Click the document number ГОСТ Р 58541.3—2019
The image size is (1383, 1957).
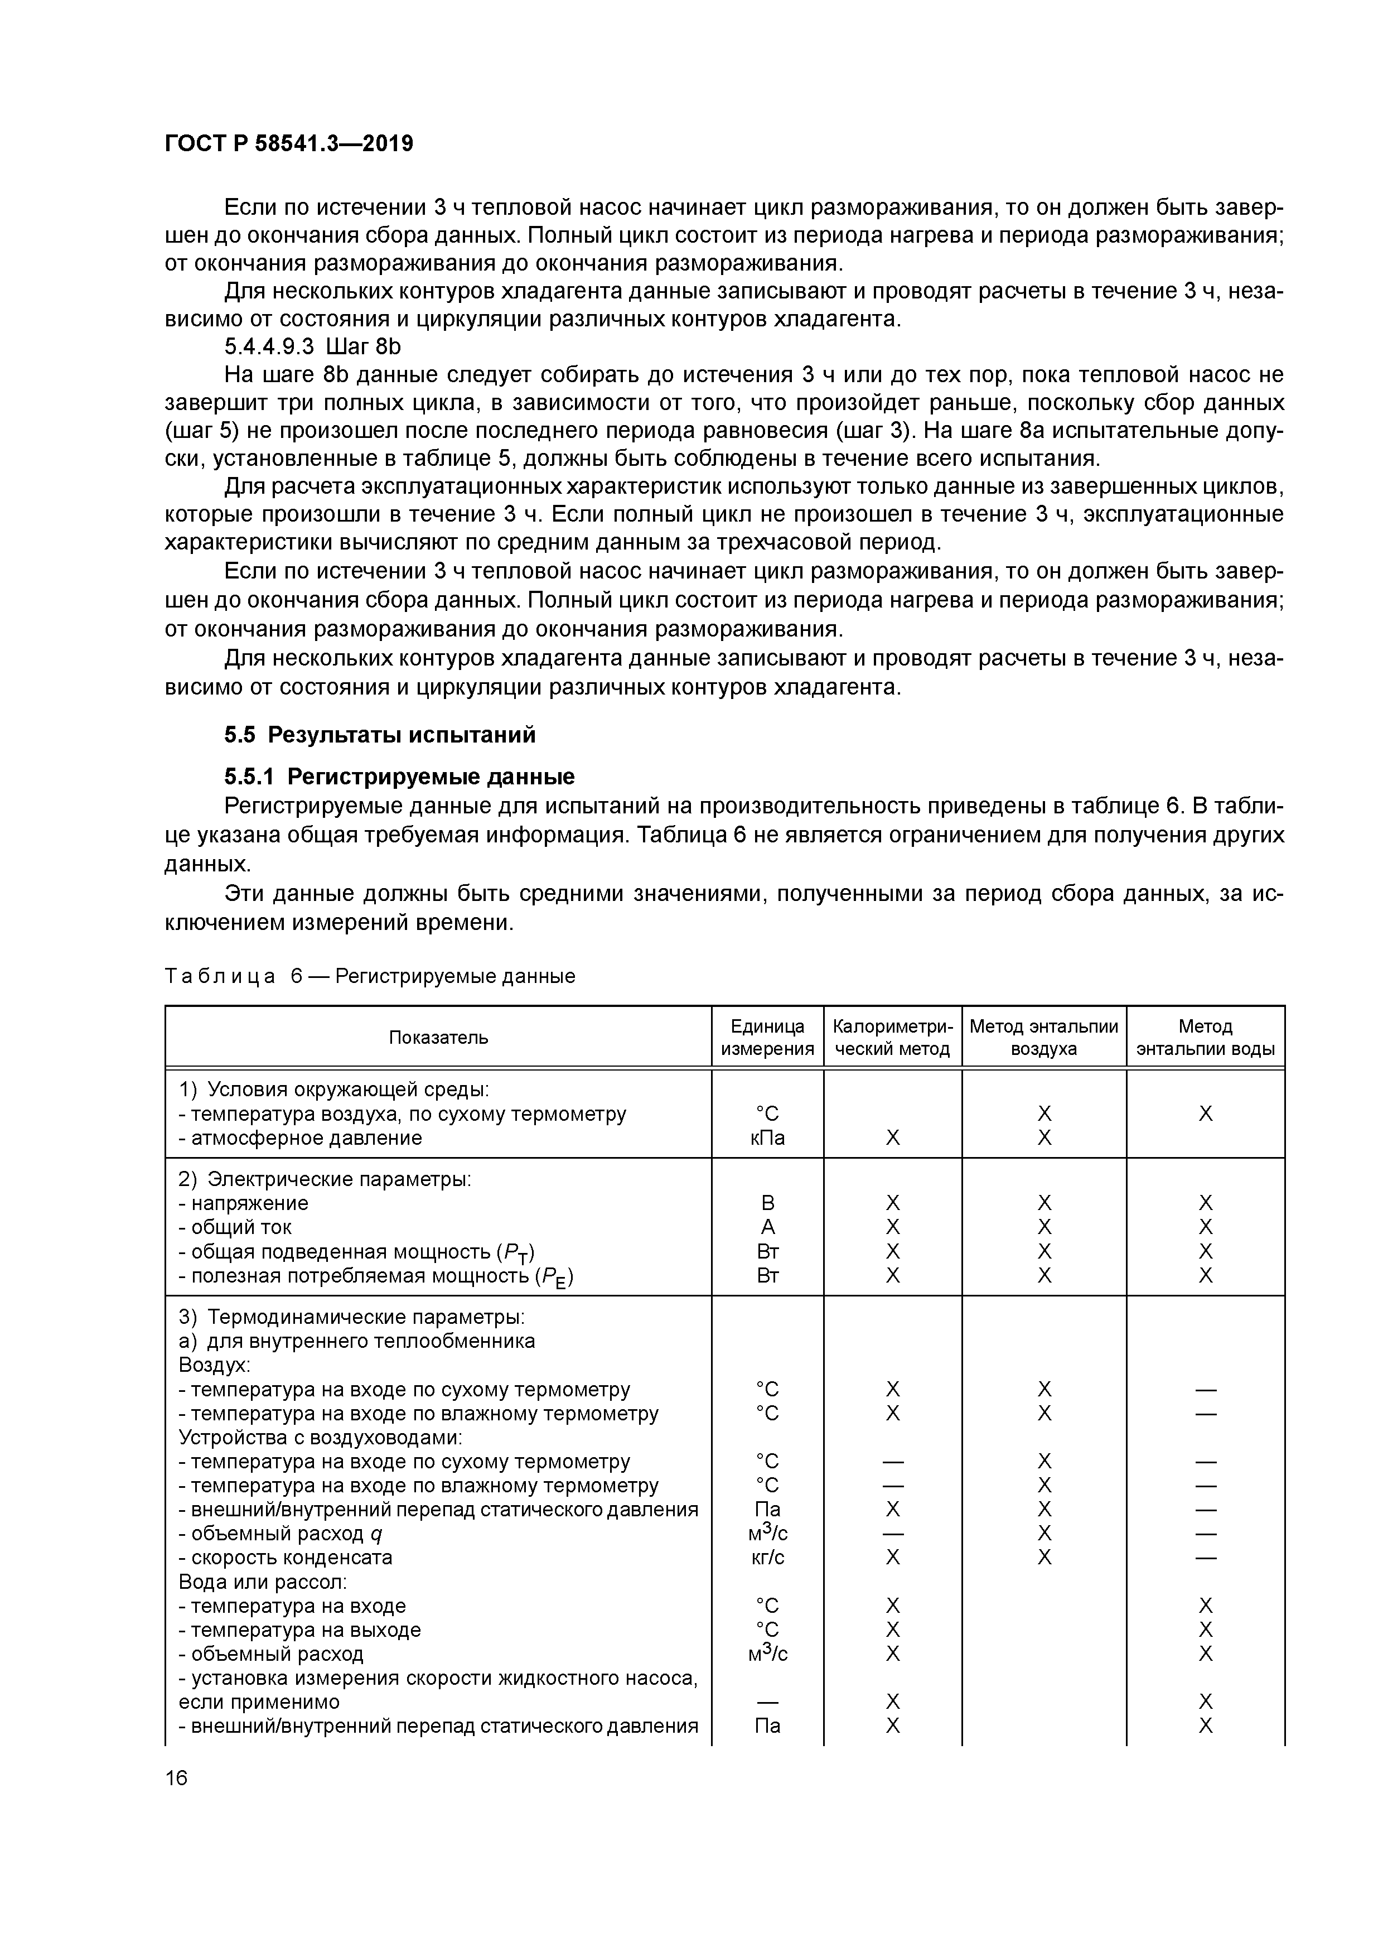288,144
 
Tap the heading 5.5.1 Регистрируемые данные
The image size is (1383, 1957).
399,777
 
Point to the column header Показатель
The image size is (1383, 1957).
438,1037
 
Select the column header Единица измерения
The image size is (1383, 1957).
767,1037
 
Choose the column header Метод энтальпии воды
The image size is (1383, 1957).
1205,1037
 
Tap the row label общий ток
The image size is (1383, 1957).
240,1227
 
